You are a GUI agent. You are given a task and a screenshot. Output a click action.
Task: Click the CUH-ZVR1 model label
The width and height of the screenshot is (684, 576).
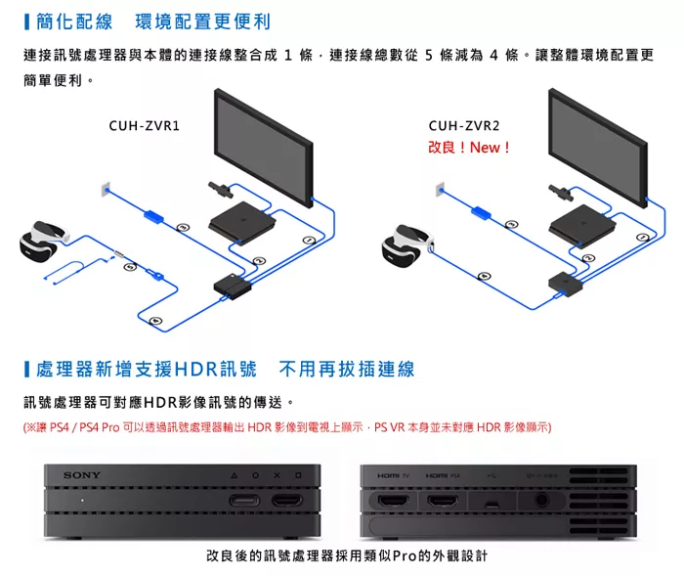pyautogui.click(x=144, y=126)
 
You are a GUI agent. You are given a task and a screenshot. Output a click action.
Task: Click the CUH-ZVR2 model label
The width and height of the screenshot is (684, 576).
pyautogui.click(x=463, y=126)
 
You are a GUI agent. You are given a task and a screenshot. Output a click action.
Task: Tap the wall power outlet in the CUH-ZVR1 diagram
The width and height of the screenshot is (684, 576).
pyautogui.click(x=104, y=187)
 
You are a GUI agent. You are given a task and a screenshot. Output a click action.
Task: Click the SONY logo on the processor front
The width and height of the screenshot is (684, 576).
pyautogui.click(x=81, y=475)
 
